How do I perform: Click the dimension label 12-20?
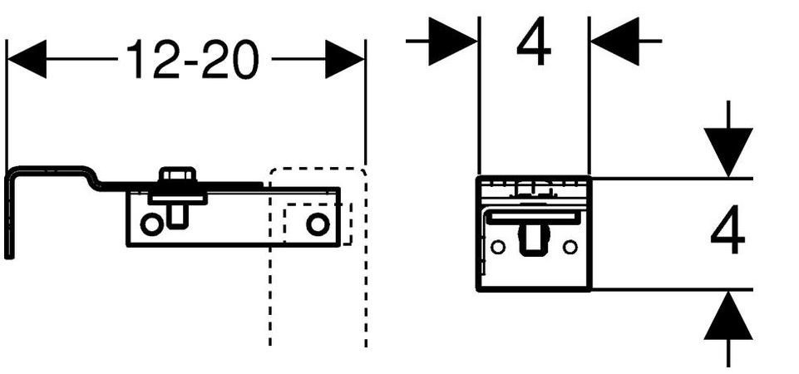coord(192,60)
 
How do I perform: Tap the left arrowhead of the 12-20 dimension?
coord(26,60)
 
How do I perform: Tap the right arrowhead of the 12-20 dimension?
coord(344,60)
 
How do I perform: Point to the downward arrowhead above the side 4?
coord(727,150)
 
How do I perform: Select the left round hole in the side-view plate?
coord(150,224)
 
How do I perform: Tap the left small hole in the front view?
coord(498,247)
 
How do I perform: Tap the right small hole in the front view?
coord(570,247)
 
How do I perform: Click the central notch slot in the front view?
coord(533,241)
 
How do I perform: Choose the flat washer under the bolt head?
coord(176,197)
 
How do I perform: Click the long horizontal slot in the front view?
coord(533,217)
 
